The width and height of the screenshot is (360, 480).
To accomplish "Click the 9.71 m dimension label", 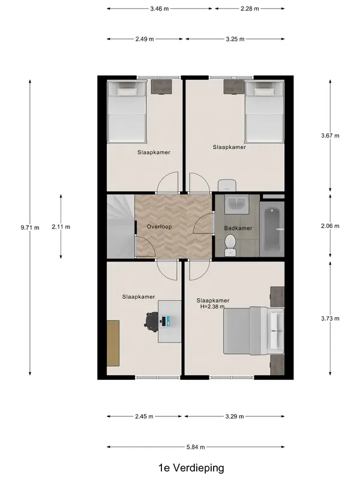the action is pyautogui.click(x=30, y=227).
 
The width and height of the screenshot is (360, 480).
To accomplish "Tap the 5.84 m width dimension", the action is pyautogui.click(x=196, y=447).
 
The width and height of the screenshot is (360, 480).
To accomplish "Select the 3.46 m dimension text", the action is pyautogui.click(x=160, y=8).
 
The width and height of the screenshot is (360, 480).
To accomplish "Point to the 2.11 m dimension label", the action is pyautogui.click(x=61, y=227).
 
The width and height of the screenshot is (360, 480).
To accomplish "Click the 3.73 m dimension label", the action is pyautogui.click(x=330, y=319).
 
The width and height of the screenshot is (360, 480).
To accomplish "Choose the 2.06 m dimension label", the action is pyautogui.click(x=330, y=226).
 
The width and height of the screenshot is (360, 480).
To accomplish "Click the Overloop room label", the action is pyautogui.click(x=159, y=227).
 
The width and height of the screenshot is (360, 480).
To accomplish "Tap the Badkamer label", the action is pyautogui.click(x=238, y=228).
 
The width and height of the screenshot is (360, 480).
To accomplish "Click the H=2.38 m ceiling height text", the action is pyautogui.click(x=212, y=307).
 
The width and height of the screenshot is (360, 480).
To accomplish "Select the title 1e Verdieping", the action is pyautogui.click(x=191, y=468).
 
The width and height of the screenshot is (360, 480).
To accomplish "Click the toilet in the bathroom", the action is pyautogui.click(x=230, y=245).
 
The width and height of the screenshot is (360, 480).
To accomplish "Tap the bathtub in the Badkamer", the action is pyautogui.click(x=272, y=229).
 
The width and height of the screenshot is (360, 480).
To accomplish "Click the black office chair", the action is pyautogui.click(x=151, y=322).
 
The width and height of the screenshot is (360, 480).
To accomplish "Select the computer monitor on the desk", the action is pyautogui.click(x=164, y=321).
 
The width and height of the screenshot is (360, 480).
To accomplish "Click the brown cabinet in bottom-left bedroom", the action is pyautogui.click(x=113, y=343).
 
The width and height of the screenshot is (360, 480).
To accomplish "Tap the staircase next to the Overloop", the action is pyautogui.click(x=121, y=227).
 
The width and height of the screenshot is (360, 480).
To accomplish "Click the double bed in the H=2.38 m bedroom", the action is pyautogui.click(x=254, y=331).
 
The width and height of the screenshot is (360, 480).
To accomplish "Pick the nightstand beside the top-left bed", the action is pyautogui.click(x=161, y=86).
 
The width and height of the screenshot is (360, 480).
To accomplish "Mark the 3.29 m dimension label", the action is pyautogui.click(x=235, y=416).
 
